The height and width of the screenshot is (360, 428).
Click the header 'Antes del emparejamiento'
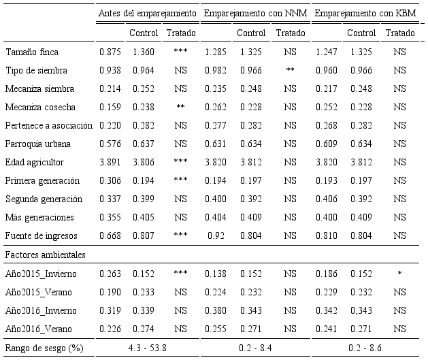(x=148, y=13)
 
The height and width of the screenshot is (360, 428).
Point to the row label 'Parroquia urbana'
(x=34, y=144)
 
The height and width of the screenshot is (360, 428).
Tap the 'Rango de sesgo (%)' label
(x=44, y=348)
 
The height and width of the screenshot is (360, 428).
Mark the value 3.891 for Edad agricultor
(x=110, y=163)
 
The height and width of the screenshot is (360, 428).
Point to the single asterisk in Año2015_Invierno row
(x=399, y=274)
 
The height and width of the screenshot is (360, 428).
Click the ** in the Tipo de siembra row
(x=290, y=71)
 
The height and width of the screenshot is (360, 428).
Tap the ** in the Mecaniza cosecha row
(x=180, y=108)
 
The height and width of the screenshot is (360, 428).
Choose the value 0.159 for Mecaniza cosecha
(x=110, y=108)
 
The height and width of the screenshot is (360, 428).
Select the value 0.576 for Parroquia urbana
(x=110, y=144)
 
